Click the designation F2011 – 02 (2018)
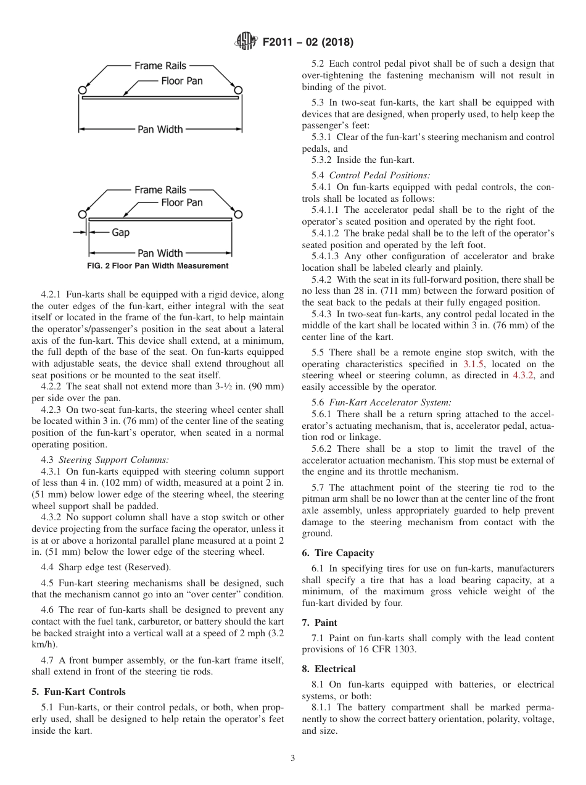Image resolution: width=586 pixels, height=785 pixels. coord(308,43)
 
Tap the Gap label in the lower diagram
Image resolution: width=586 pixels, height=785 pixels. coord(120,233)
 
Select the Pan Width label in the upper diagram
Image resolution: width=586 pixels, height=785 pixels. coord(160,129)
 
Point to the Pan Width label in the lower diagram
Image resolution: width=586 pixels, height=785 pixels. coord(160,253)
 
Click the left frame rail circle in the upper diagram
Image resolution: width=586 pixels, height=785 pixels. coord(82,91)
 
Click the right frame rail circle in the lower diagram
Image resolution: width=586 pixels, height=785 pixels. coord(237,214)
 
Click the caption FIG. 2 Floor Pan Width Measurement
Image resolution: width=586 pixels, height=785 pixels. coord(158,266)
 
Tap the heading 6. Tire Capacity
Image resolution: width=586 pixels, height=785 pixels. coord(338,553)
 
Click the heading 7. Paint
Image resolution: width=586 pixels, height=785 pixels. coord(320,623)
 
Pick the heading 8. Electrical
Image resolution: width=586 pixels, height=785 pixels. coord(329,669)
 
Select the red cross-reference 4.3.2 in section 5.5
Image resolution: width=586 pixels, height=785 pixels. coord(524,376)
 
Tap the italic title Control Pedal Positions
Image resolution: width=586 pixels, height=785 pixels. coord(379,175)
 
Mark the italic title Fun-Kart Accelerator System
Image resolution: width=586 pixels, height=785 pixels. coord(390,402)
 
